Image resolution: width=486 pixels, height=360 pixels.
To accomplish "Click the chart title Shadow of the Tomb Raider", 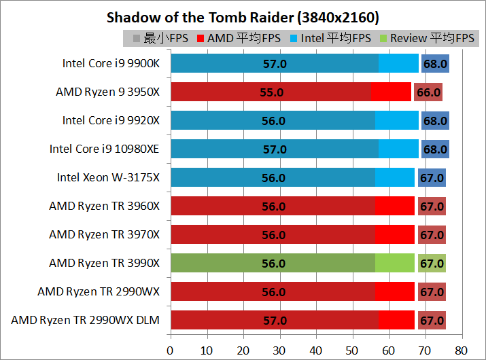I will point(243,17).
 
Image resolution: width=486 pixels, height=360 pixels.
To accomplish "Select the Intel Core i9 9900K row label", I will point(111,63).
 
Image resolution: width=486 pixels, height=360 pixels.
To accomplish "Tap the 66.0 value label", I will point(428,92).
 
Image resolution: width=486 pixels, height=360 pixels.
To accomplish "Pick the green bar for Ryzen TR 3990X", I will point(272,263).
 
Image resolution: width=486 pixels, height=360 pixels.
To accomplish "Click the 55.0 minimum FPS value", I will point(272,92).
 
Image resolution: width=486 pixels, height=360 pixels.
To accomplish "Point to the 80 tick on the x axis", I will point(462,350).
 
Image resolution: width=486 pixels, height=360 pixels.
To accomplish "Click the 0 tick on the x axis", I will point(170,350).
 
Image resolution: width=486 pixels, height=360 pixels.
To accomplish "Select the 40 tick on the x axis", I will point(315,350).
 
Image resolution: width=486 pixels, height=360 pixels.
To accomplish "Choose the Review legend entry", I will point(427,39).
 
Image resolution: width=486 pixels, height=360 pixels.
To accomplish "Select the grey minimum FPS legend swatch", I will point(137,39).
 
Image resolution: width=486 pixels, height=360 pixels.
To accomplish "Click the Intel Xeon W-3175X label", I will point(108,177).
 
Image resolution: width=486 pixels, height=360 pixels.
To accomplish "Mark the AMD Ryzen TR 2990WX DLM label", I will point(85,320).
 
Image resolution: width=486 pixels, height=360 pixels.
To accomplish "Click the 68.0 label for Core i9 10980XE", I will point(435,149).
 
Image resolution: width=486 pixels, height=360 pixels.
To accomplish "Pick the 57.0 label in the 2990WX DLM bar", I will point(274,320).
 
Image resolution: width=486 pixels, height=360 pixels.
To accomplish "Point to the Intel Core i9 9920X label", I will point(111,120).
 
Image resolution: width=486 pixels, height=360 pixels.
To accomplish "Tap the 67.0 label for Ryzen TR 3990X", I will point(432,263).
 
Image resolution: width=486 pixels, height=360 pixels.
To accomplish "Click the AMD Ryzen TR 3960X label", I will point(104,206).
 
